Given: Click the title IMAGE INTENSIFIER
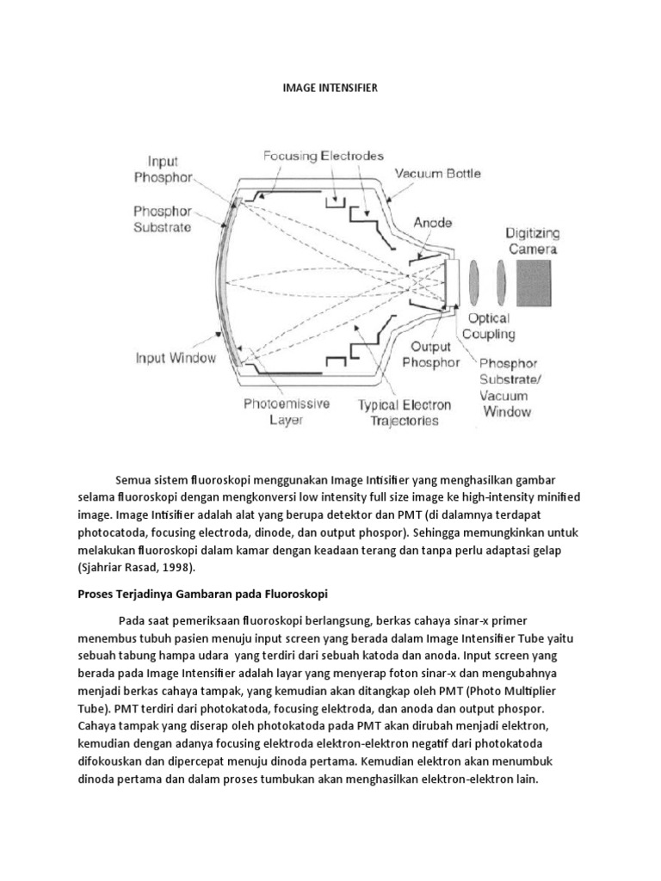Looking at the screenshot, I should pos(330,88).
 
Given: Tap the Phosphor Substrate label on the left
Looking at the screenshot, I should pos(163,219).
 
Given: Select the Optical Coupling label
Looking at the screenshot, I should pos(489,326).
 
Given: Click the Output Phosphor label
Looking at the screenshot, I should pos(430,355).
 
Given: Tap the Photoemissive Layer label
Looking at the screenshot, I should pos(287,412).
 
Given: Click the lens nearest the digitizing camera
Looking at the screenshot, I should pos(502,283).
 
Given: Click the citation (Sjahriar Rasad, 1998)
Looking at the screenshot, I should pos(174,568).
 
